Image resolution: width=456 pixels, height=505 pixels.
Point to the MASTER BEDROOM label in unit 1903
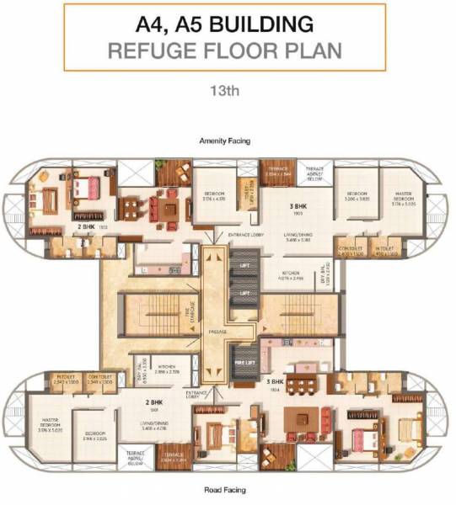point(408,199)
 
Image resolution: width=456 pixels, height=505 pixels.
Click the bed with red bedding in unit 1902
point(86,184)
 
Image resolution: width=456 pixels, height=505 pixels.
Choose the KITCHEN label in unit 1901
point(167,368)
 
